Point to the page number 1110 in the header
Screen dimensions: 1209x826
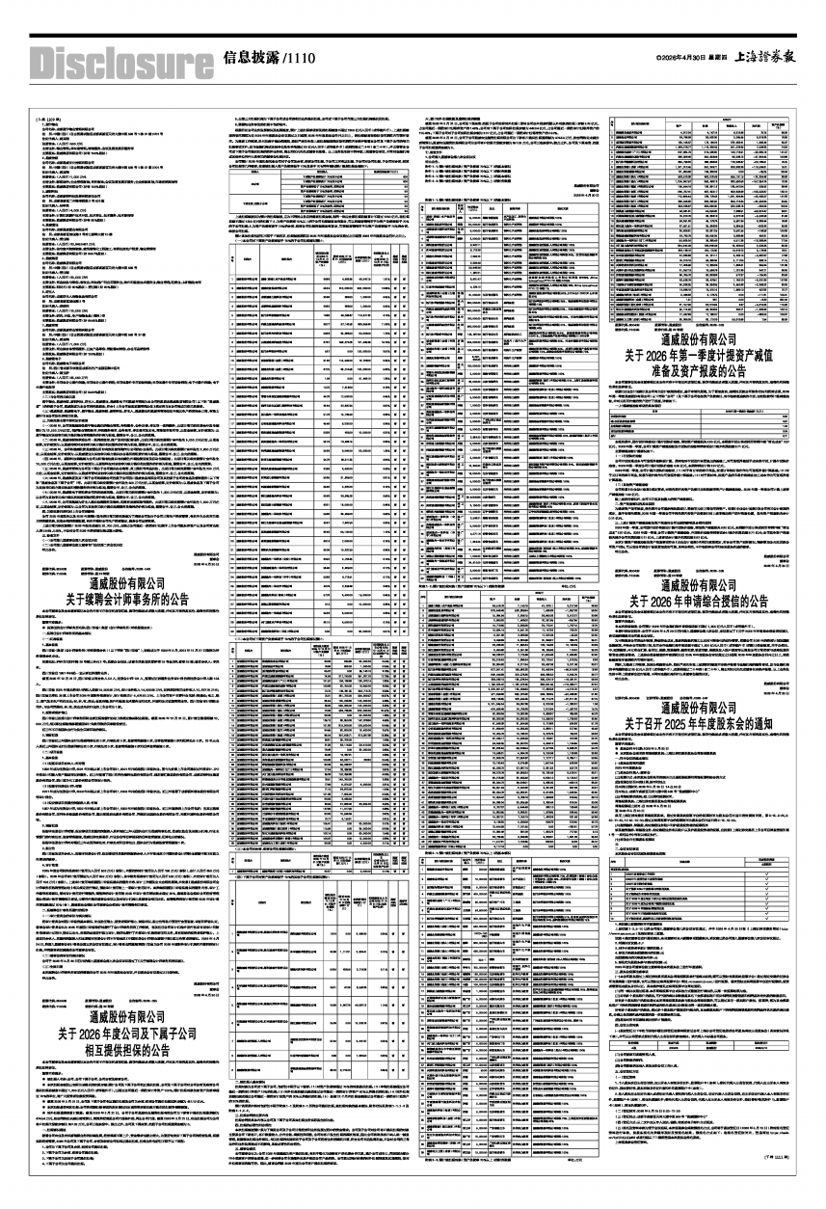pyautogui.click(x=301, y=59)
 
